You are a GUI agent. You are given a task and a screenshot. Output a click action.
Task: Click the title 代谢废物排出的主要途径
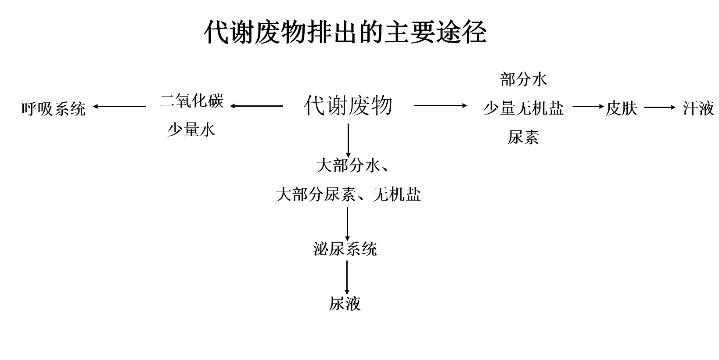pyautogui.click(x=345, y=32)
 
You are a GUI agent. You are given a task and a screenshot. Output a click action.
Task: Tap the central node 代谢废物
pyautogui.click(x=348, y=105)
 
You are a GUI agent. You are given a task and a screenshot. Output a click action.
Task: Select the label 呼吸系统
pyautogui.click(x=54, y=109)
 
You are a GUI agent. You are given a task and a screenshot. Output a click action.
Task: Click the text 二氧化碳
pyautogui.click(x=192, y=101)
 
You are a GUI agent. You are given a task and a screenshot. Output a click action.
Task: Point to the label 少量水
pyautogui.click(x=191, y=130)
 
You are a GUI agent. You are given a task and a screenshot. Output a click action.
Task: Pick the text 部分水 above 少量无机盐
pyautogui.click(x=524, y=79)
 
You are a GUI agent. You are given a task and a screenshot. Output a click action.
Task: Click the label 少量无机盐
pyautogui.click(x=524, y=108)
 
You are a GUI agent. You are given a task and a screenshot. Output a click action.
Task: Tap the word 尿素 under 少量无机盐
pyautogui.click(x=523, y=137)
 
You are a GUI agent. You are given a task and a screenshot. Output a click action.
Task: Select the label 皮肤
pyautogui.click(x=622, y=108)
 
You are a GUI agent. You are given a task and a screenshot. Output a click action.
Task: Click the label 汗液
pyautogui.click(x=698, y=108)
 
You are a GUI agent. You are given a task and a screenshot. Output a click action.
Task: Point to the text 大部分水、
pyautogui.click(x=352, y=166)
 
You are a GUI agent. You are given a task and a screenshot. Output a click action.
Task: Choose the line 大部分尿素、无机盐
pyautogui.click(x=348, y=194)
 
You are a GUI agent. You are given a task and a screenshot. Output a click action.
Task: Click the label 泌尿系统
pyautogui.click(x=345, y=249)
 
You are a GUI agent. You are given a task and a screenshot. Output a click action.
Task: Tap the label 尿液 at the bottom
pyautogui.click(x=345, y=303)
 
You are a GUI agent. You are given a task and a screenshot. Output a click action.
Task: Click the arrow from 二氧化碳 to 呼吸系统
pyautogui.click(x=119, y=106)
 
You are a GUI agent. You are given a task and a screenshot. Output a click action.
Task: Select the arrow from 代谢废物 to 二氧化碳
pyautogui.click(x=256, y=106)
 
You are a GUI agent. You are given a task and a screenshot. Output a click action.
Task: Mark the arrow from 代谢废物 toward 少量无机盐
pyautogui.click(x=441, y=105)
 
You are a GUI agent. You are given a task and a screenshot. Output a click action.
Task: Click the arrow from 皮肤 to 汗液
pyautogui.click(x=660, y=107)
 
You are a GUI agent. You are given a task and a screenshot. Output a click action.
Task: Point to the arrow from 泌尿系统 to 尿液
pyautogui.click(x=347, y=277)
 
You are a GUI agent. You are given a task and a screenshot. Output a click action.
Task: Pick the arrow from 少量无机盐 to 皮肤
pyautogui.click(x=588, y=107)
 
